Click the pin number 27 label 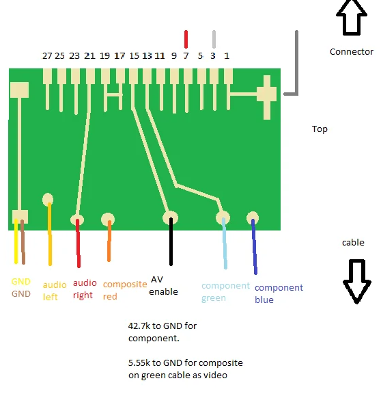[47, 56]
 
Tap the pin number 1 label [227, 56]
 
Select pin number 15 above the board [134, 56]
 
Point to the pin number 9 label [174, 56]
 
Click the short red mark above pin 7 [186, 39]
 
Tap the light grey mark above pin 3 [214, 39]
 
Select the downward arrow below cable [357, 281]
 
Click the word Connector [351, 52]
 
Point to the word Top [320, 129]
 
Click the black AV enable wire [171, 241]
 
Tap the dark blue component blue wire [254, 247]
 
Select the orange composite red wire [109, 241]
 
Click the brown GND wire [23, 242]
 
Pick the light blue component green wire [225, 243]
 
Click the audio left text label [55, 291]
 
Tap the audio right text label [85, 289]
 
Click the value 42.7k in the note [139, 326]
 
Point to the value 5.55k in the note [139, 363]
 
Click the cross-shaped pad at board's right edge [267, 97]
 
